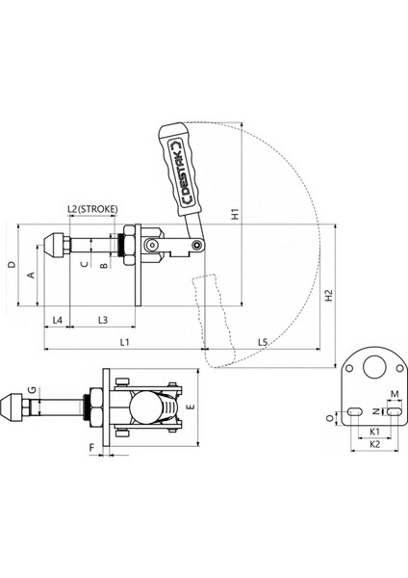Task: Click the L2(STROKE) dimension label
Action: click(x=92, y=209)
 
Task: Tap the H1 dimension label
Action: click(x=236, y=214)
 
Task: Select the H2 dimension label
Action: click(x=329, y=296)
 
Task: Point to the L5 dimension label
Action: click(x=262, y=342)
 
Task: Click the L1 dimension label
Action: click(x=125, y=342)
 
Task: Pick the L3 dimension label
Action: click(x=103, y=320)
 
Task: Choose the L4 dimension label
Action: click(x=57, y=320)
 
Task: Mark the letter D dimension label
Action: click(x=13, y=265)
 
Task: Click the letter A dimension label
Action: click(x=31, y=275)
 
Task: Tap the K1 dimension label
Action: click(x=374, y=432)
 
